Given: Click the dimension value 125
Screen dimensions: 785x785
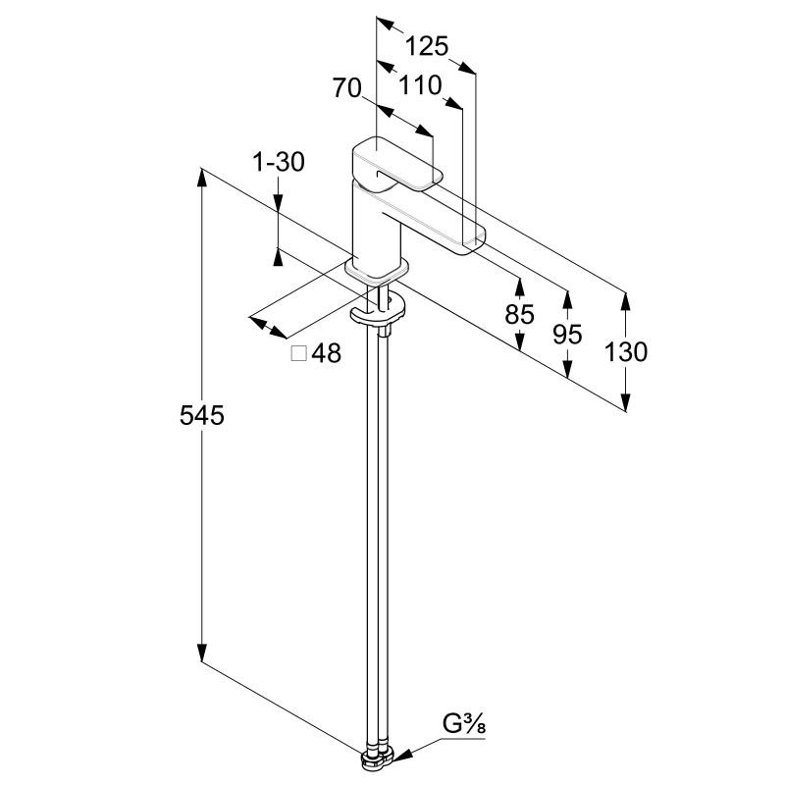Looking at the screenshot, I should (x=427, y=46).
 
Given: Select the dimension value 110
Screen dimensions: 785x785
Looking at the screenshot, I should (x=421, y=85).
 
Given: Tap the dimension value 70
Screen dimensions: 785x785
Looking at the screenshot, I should (x=346, y=88).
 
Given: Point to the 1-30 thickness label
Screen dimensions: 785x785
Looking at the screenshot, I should (x=279, y=162).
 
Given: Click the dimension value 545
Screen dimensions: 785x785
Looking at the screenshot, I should (x=202, y=415).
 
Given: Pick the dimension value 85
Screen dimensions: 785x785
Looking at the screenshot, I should (x=519, y=314).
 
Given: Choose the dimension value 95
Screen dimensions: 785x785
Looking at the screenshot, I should (x=567, y=334).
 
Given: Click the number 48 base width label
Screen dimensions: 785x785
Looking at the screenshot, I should (x=327, y=353).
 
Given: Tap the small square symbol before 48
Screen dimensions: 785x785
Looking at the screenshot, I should (x=299, y=353).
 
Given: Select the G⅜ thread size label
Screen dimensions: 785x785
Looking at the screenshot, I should (x=464, y=727).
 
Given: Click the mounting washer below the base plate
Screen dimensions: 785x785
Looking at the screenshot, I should (x=378, y=312).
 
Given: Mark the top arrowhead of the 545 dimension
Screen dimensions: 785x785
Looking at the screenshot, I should (x=202, y=177).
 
